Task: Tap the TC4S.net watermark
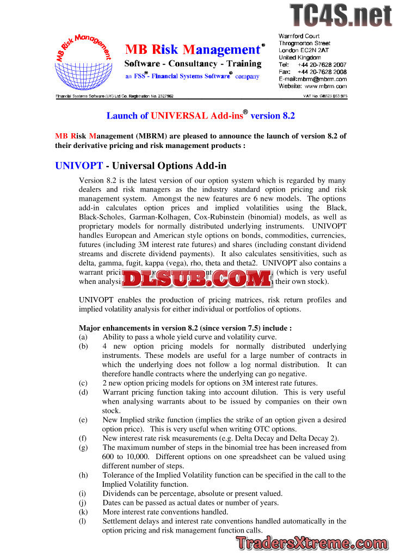tap(341, 15)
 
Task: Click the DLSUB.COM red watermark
tap(196, 279)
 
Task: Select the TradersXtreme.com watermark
tap(312, 542)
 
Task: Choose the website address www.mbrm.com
tap(325, 86)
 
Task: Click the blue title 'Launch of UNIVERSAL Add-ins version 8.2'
tap(200, 115)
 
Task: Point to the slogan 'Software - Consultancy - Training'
tap(193, 64)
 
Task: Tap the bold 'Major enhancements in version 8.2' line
tap(185, 328)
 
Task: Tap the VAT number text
tap(325, 96)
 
